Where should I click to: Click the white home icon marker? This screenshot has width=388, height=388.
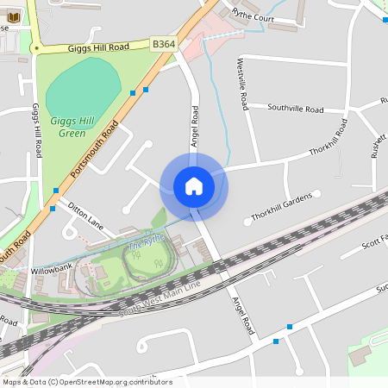point(194,186)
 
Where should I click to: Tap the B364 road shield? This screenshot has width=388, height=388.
point(164,43)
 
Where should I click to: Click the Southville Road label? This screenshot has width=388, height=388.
point(295,110)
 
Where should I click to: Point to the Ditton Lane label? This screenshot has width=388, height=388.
point(85,216)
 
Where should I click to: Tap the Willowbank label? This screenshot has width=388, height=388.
point(53,269)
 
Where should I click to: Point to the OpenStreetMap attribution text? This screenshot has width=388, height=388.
point(86,382)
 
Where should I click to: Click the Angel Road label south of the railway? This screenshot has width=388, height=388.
point(244,316)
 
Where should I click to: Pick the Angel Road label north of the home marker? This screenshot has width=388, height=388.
point(195,126)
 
